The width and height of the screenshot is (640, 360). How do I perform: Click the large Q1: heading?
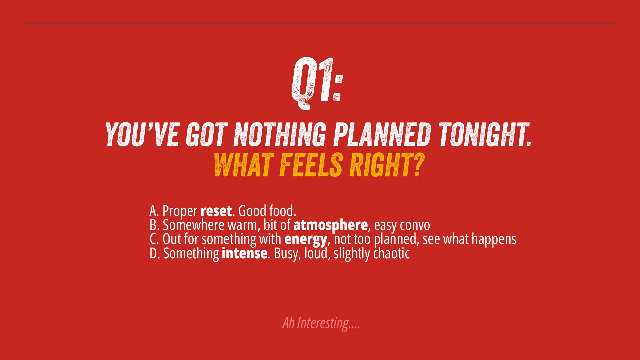(317, 83)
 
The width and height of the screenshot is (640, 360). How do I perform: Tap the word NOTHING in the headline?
(279, 134)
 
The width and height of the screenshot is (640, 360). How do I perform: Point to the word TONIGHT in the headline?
(484, 134)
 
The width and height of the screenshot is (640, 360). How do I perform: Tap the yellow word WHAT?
(243, 165)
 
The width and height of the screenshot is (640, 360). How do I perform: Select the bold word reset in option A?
(216, 211)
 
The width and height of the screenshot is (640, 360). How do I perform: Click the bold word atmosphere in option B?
(330, 225)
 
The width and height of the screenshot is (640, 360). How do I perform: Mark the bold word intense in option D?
(244, 253)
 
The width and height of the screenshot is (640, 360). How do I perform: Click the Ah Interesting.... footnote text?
(321, 323)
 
